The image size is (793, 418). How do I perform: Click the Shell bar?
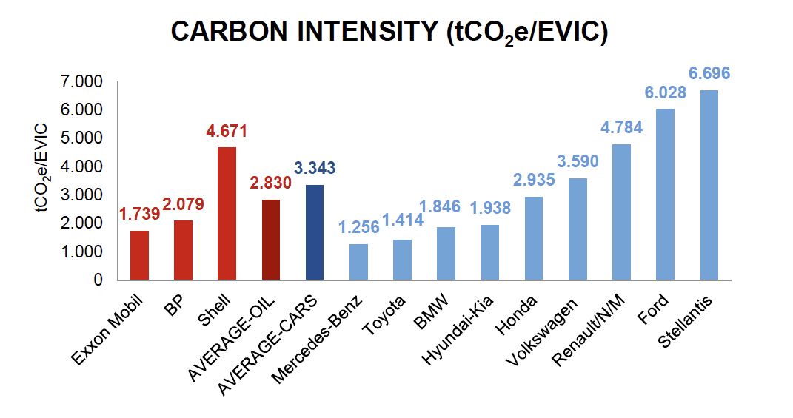227,214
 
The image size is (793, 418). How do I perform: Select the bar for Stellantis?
709,185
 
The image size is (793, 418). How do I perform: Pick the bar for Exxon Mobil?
139,255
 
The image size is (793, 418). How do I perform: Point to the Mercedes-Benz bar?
358,262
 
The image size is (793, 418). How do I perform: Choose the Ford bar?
666,195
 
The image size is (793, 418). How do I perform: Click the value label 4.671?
227,132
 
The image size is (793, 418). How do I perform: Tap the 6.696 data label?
709,73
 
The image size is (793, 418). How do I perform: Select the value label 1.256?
358,228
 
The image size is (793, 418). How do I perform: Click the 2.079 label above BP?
184,204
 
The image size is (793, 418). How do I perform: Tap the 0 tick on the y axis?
97,280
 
